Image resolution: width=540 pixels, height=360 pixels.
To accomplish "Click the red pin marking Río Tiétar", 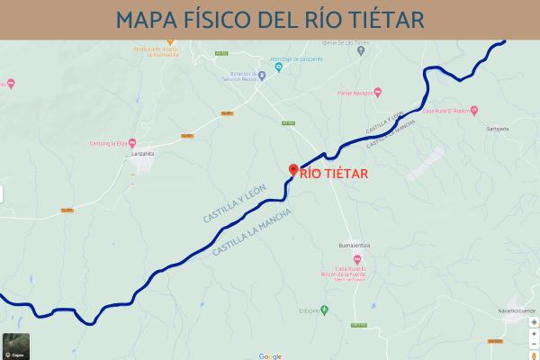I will [292, 170].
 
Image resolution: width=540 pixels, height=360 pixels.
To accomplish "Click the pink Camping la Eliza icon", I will [133, 143].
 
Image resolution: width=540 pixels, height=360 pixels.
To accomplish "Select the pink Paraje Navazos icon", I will [378, 89].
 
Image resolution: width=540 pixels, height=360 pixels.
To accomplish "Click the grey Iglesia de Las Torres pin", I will [363, 50].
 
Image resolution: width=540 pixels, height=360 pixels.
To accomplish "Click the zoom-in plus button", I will [534, 332].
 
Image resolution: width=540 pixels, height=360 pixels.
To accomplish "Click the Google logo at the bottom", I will [270, 355].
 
